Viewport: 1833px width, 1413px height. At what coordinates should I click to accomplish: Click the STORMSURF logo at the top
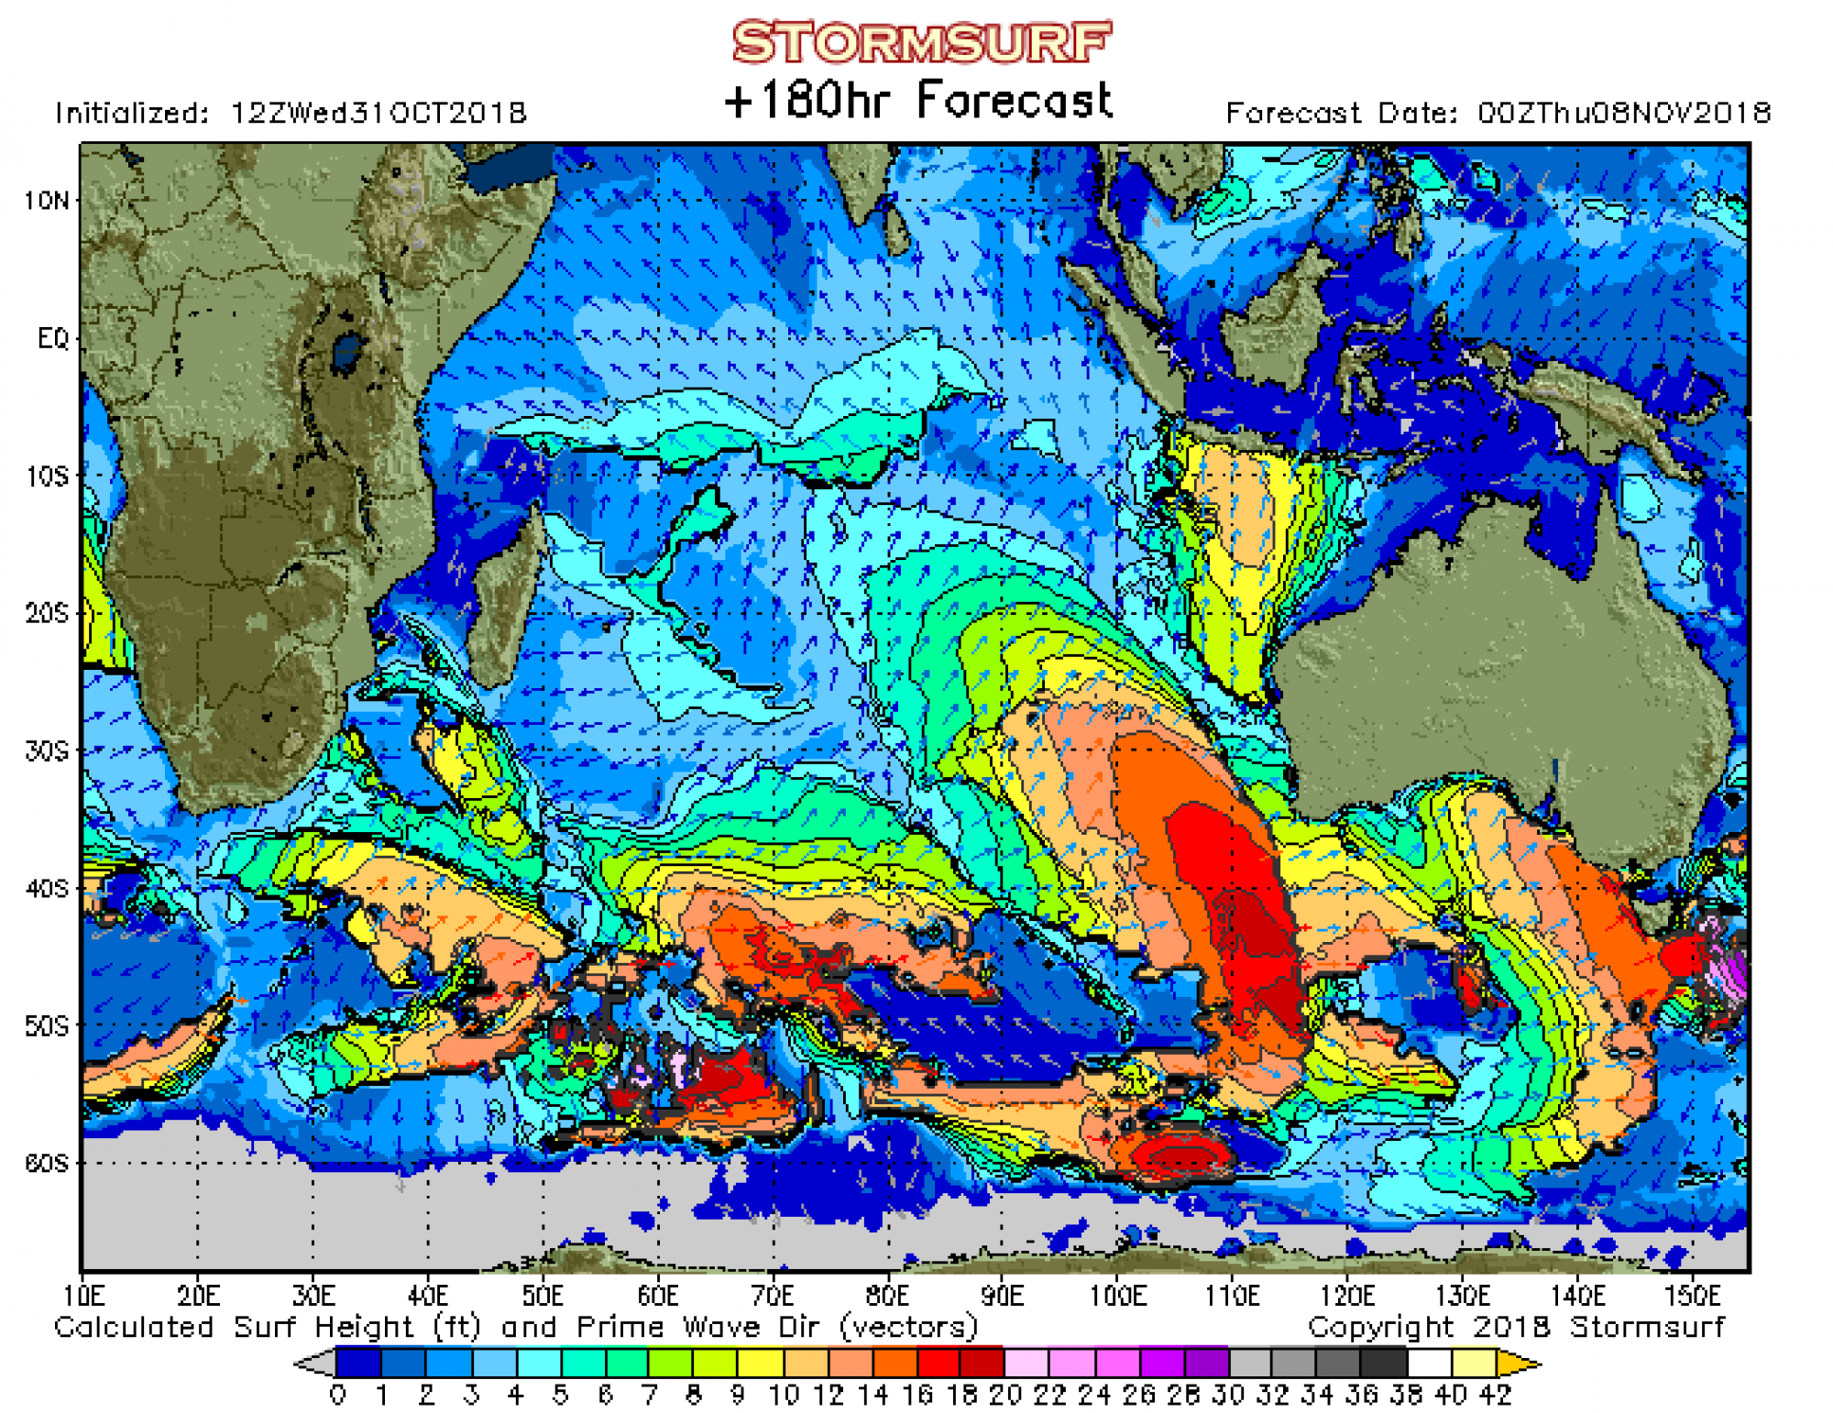click(x=921, y=43)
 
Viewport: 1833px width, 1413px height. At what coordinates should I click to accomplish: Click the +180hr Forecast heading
click(x=918, y=100)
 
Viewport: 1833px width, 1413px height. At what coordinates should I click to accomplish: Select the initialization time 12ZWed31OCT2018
click(x=378, y=114)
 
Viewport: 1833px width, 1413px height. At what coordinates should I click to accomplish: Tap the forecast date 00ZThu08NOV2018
click(x=1623, y=114)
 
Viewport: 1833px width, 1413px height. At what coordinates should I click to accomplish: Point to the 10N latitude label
click(x=46, y=201)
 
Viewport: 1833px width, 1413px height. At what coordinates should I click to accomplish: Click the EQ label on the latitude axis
click(x=53, y=339)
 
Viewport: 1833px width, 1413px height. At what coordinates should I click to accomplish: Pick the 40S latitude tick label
click(x=46, y=889)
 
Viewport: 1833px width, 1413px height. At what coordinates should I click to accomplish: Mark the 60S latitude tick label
click(x=46, y=1164)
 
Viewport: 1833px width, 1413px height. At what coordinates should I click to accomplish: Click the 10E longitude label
click(x=83, y=1297)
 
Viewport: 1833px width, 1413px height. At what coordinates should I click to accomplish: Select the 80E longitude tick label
click(x=887, y=1297)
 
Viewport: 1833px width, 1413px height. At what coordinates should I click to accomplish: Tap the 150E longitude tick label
click(x=1692, y=1297)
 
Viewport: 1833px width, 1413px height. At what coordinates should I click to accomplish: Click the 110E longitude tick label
click(x=1232, y=1297)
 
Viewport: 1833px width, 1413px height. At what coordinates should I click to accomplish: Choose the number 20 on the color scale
click(x=1005, y=1396)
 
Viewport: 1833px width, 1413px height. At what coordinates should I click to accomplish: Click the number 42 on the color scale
click(x=1495, y=1396)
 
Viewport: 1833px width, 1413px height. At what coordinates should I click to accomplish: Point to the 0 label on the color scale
click(x=338, y=1396)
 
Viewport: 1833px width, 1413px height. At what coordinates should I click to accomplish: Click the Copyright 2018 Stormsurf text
click(x=1516, y=1327)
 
